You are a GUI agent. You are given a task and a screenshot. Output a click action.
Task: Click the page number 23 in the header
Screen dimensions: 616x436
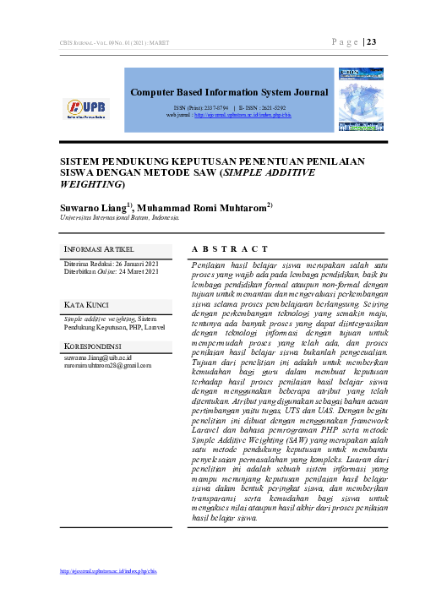(372, 43)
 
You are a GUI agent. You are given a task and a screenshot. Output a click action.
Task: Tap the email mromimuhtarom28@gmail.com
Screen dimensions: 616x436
(107, 366)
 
